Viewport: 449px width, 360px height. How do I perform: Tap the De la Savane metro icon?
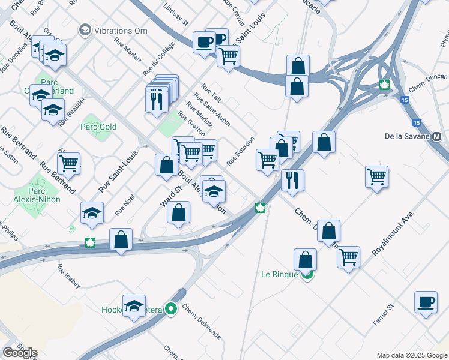pyautogui.click(x=436, y=136)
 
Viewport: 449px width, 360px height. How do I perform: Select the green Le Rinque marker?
pyautogui.click(x=307, y=275)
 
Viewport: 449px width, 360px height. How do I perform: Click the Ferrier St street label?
pyautogui.click(x=382, y=315)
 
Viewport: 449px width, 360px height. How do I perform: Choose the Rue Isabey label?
pyautogui.click(x=68, y=275)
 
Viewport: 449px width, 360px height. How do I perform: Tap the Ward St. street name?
pyautogui.click(x=171, y=196)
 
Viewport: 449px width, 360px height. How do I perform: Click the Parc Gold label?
pyautogui.click(x=98, y=127)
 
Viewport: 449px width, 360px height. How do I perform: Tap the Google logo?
pyautogui.click(x=20, y=353)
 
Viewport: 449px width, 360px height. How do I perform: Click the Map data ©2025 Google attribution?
pyautogui.click(x=411, y=355)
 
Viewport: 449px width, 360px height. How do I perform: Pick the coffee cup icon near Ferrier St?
pyautogui.click(x=426, y=302)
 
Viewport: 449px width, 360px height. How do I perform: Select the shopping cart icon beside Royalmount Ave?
pyautogui.click(x=376, y=176)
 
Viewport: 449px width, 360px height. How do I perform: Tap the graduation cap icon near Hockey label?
pyautogui.click(x=134, y=305)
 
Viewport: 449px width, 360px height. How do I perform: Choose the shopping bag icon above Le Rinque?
pyautogui.click(x=305, y=259)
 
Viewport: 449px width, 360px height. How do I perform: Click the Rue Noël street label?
pyautogui.click(x=125, y=205)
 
